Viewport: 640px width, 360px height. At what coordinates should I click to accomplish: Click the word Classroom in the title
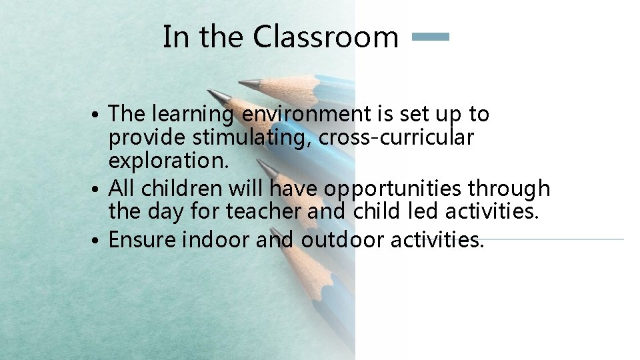point(325,37)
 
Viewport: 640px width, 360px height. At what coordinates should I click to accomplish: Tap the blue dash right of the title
point(431,37)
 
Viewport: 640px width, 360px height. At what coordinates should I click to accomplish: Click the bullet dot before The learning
point(98,115)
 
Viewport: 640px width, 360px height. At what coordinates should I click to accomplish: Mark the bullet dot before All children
point(98,190)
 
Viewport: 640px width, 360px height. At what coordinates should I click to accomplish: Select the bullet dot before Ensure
point(98,240)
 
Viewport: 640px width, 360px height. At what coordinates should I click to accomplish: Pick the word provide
point(147,139)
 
